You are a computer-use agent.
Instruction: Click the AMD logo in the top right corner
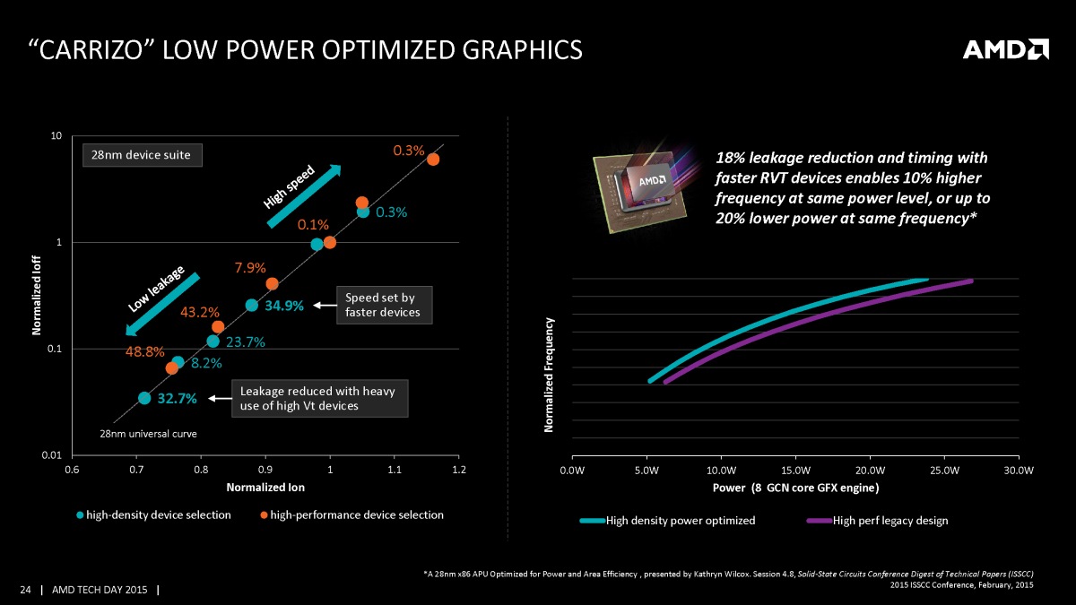click(1005, 49)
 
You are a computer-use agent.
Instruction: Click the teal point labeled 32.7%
click(144, 398)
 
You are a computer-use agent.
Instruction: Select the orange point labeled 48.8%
click(172, 367)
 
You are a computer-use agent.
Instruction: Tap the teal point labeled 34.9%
click(252, 306)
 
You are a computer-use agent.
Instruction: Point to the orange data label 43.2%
click(201, 313)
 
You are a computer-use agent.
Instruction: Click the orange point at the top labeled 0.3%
click(433, 159)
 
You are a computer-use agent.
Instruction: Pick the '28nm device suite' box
click(143, 155)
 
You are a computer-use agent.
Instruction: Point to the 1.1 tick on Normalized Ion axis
click(395, 470)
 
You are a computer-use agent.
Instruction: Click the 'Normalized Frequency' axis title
click(550, 376)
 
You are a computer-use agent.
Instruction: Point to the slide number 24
click(26, 589)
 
